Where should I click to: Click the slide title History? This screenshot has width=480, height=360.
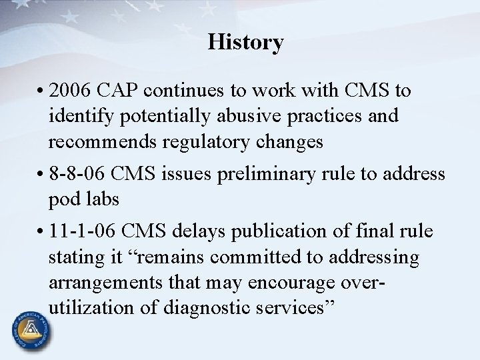coord(245,43)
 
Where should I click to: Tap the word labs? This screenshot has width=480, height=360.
coord(99,199)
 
